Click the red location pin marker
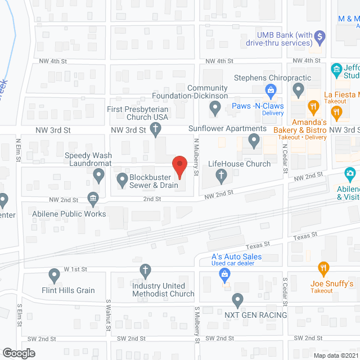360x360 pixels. click(179, 166)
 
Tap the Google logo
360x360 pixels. click(18, 353)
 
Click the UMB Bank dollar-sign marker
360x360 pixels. click(320, 38)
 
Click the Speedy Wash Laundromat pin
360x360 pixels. click(99, 177)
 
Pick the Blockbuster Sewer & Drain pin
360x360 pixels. click(122, 180)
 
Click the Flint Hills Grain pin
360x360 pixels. click(55, 276)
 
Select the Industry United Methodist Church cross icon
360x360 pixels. click(146, 272)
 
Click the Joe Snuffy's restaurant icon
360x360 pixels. click(323, 268)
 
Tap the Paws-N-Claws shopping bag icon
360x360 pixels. click(271, 89)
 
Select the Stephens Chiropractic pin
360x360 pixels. click(299, 89)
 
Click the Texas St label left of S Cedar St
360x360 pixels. click(259, 244)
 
